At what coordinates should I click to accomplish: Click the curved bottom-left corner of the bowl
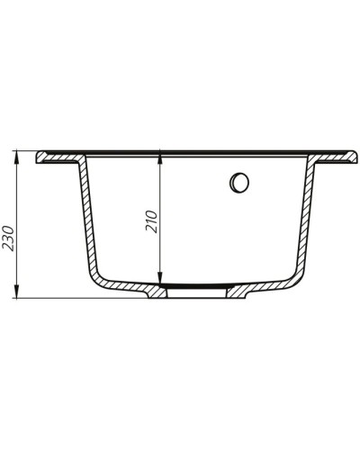(x=103, y=278)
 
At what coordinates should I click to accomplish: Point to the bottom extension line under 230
(x=54, y=297)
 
